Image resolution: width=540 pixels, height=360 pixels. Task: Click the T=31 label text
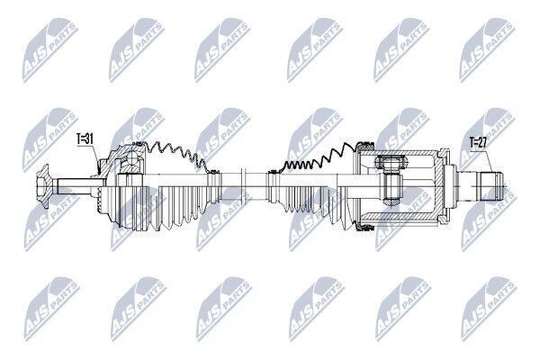pos(85,139)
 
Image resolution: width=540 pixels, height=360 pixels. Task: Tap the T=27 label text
pos(478,142)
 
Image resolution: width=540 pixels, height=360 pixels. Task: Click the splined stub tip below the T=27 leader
pos(490,186)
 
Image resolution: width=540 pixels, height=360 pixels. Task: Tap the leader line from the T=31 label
pos(95,158)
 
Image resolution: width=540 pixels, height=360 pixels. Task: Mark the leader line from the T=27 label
pos(490,160)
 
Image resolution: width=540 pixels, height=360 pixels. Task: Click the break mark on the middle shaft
pos(243,186)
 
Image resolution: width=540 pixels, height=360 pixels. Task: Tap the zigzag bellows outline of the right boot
pos(317,157)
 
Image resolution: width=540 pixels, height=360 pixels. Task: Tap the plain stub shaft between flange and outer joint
pos(75,186)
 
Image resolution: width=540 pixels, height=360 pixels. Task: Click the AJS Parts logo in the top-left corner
pos(50,50)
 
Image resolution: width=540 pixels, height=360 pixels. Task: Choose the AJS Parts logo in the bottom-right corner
pos(489,309)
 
